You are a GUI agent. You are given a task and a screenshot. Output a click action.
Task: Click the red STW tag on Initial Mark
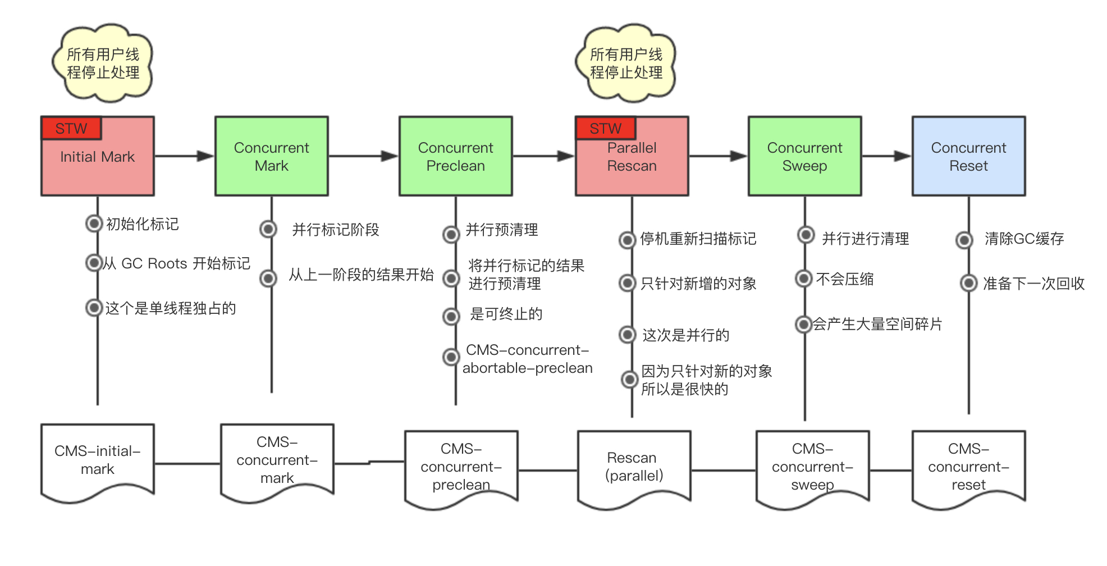71,129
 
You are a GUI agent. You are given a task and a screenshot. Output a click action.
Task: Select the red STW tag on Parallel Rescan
605,129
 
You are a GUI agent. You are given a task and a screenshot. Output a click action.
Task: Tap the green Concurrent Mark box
272,157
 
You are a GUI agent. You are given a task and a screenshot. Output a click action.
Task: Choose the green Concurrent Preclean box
455,157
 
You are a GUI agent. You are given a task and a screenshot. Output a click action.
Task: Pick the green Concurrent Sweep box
804,157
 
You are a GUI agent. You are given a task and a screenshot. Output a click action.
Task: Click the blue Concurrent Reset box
968,157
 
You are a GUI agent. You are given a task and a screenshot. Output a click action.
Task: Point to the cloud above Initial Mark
103,63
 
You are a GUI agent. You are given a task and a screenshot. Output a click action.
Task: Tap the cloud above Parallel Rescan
626,63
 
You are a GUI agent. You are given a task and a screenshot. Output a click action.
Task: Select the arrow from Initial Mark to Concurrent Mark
184,156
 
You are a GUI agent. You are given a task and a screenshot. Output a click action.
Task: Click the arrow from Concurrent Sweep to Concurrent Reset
886,156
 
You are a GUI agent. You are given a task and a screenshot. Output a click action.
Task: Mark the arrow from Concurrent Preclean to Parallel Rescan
543,156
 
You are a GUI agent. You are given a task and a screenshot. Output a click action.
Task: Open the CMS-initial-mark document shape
98,460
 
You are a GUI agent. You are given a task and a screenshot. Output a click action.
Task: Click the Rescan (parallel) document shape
634,467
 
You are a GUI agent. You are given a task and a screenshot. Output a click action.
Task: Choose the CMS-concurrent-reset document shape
968,467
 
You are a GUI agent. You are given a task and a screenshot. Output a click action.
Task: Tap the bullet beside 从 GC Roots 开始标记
93,263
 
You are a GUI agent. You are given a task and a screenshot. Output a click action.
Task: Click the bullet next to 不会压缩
804,279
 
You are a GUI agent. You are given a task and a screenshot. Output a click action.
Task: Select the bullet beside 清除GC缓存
964,240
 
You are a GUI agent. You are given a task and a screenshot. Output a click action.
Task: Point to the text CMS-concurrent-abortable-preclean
527,359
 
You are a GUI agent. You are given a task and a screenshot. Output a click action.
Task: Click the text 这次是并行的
686,335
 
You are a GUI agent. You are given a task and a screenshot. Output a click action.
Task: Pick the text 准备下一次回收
1033,284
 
